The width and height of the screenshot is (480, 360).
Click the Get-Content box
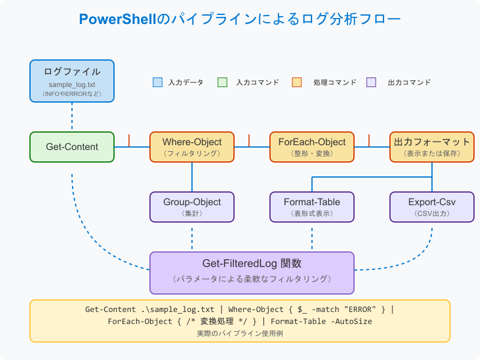coord(72,147)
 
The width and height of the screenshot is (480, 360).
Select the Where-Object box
coord(192,147)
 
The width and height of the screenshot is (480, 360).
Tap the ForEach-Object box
coord(312,147)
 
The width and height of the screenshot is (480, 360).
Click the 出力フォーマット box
coord(432,147)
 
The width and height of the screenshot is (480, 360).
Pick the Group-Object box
coord(192,207)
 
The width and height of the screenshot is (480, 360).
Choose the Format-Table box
coord(312,207)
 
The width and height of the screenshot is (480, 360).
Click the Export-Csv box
coord(432,207)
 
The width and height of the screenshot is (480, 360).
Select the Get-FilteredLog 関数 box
coord(252,272)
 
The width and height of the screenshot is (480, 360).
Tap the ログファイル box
coord(72,81)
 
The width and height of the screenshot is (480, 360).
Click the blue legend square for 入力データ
coord(158,82)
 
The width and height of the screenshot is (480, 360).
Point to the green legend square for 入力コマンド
coord(223,82)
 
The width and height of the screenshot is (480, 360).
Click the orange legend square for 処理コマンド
coord(296,82)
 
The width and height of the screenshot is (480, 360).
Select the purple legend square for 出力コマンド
coord(371,82)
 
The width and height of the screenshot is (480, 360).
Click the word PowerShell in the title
coord(118,19)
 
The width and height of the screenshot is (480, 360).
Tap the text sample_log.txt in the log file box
coord(72,85)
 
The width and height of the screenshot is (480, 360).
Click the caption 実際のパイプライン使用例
coord(240,333)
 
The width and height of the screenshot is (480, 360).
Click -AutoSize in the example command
coord(350,322)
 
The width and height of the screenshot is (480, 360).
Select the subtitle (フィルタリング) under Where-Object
coord(192,154)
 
